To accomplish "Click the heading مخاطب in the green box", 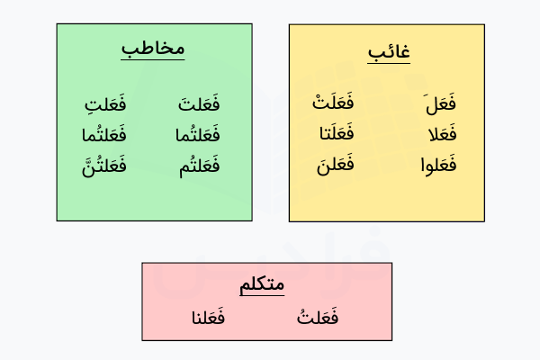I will pyautogui.click(x=153, y=49).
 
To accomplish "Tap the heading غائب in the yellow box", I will pyautogui.click(x=389, y=52).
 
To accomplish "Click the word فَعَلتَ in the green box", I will pyautogui.click(x=198, y=105).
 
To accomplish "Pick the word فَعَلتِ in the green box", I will pyautogui.click(x=103, y=105).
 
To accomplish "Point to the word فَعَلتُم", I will pyautogui.click(x=198, y=166).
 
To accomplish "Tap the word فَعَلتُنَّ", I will pyautogui.click(x=103, y=166).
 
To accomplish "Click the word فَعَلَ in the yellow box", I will pyautogui.click(x=438, y=105).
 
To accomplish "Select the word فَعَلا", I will pyautogui.click(x=438, y=136).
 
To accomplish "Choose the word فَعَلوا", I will pyautogui.click(x=438, y=166).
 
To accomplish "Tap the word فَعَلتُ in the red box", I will pyautogui.click(x=317, y=318).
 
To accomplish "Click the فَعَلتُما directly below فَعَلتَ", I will pyautogui.click(x=198, y=136).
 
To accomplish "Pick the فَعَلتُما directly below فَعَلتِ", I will pyautogui.click(x=103, y=136).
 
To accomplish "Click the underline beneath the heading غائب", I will pyautogui.click(x=389, y=64).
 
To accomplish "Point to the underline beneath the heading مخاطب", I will pyautogui.click(x=153, y=60).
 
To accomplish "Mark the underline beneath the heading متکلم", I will pyautogui.click(x=262, y=296).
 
